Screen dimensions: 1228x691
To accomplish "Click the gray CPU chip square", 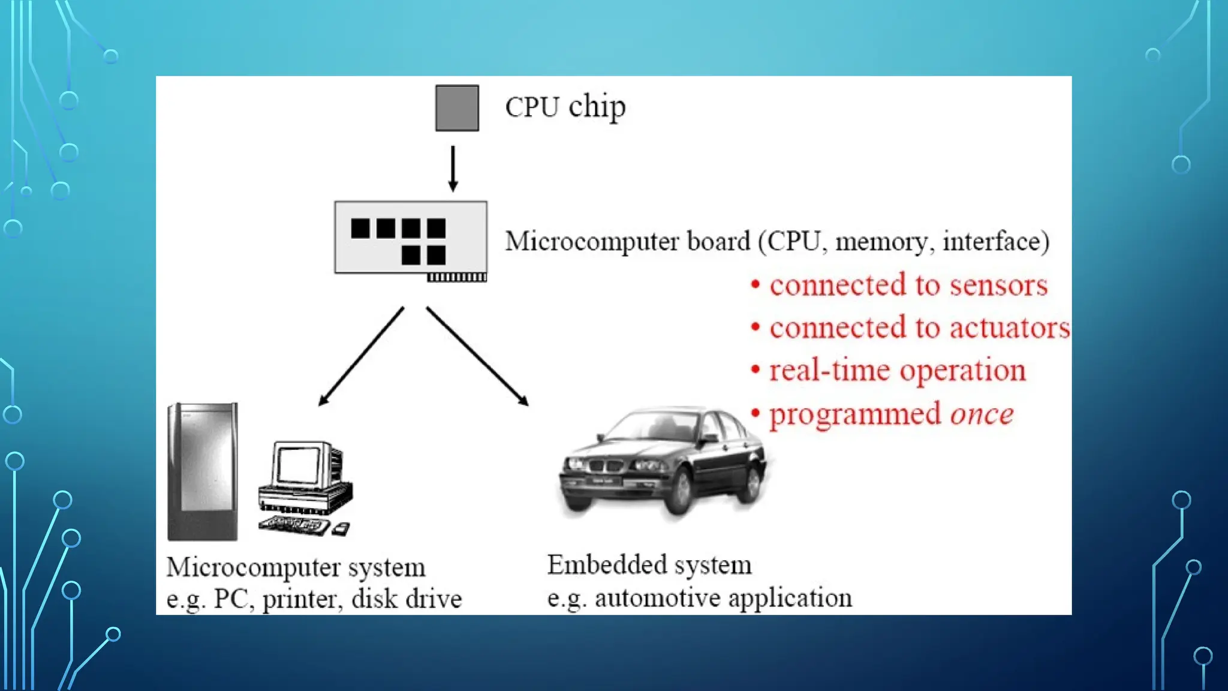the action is click(x=457, y=108).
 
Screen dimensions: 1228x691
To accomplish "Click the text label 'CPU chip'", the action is click(x=565, y=107).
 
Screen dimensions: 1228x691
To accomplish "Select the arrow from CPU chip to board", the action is click(x=453, y=169).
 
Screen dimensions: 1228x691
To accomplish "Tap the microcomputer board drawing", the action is click(x=410, y=238).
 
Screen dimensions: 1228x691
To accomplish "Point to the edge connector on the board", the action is click(x=456, y=277).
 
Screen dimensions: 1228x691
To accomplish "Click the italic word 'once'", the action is click(x=982, y=414).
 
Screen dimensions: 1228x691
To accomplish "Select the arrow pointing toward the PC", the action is click(x=360, y=357).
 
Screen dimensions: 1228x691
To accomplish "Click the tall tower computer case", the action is click(x=203, y=471).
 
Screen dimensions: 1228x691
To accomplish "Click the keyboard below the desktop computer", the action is click(x=294, y=525).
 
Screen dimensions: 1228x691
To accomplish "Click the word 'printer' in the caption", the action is click(x=302, y=599).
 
